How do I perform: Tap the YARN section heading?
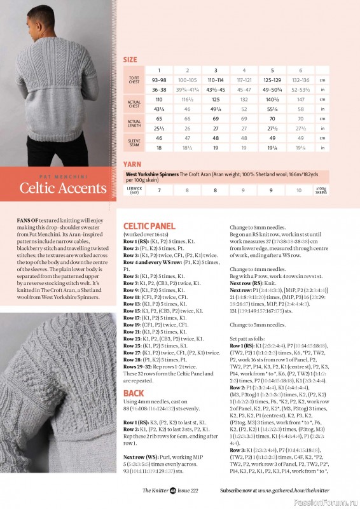(x=132, y=164)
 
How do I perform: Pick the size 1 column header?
(x=159, y=70)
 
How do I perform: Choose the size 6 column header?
(x=299, y=70)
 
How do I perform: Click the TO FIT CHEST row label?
(x=134, y=80)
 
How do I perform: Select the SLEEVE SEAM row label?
(x=134, y=142)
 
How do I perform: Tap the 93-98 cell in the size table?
(x=159, y=80)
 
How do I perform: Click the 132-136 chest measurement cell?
(x=299, y=80)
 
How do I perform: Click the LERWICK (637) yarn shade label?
(x=134, y=190)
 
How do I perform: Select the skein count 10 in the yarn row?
(x=299, y=190)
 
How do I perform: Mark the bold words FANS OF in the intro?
(x=29, y=219)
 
